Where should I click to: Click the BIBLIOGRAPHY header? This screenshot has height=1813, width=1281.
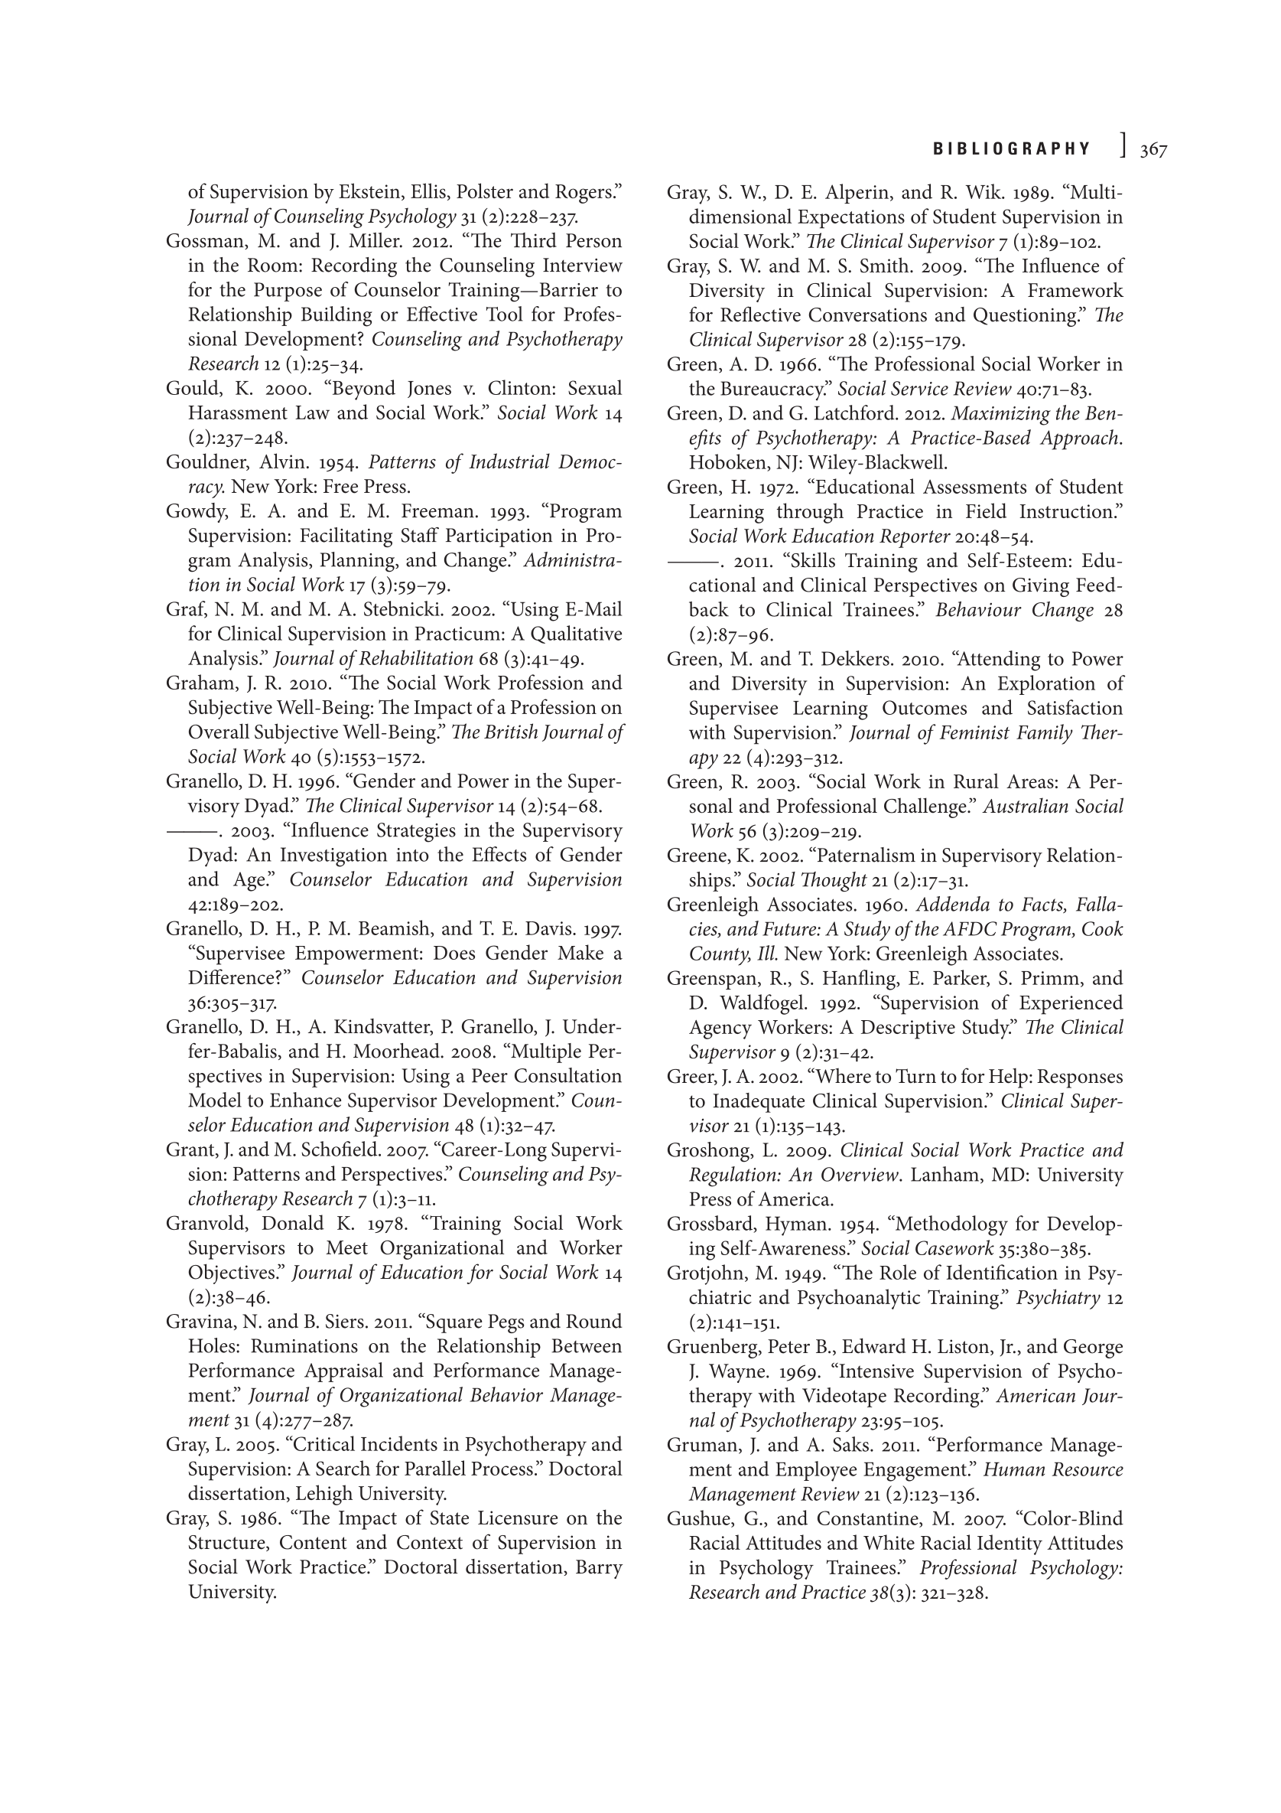click(1012, 149)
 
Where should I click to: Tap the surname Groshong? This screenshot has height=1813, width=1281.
click(707, 1150)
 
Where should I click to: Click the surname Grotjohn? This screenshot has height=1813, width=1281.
click(705, 1273)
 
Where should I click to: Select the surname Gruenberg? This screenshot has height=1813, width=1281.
click(712, 1347)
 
